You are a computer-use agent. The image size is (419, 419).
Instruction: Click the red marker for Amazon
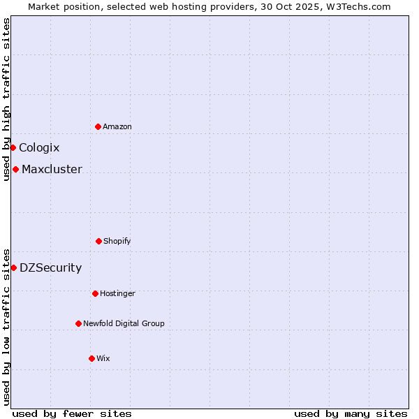pos(98,126)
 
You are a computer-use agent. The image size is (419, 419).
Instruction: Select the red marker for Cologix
pos(13,147)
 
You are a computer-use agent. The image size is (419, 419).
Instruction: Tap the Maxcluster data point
pos(15,169)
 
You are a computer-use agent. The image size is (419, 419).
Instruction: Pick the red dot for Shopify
pos(98,241)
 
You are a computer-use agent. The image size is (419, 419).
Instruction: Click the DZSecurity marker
pos(13,267)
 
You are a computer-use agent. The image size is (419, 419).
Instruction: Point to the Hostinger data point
pos(95,293)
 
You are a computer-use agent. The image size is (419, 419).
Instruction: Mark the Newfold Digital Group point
pos(78,323)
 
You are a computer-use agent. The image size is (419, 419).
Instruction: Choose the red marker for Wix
pos(91,358)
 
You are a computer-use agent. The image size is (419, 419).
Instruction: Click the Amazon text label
pos(117,126)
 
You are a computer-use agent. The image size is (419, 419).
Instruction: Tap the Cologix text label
pos(39,147)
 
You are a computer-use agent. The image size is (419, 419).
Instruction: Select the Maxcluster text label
pos(52,169)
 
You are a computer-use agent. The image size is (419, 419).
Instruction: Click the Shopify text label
pos(117,241)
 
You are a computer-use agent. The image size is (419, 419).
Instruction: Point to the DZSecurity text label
pos(50,267)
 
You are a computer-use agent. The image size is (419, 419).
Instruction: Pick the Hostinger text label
pos(117,293)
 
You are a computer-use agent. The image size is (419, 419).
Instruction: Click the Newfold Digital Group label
pos(124,323)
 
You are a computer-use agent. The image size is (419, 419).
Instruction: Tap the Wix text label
pos(103,358)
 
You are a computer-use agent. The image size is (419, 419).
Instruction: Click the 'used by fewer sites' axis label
pos(72,413)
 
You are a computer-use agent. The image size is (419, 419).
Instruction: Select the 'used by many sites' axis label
pos(351,413)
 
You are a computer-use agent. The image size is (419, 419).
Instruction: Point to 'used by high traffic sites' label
pos(6,99)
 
